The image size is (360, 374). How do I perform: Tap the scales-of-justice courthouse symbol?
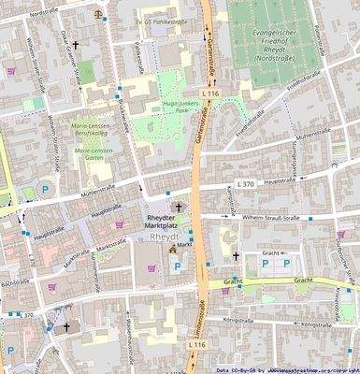[100, 15]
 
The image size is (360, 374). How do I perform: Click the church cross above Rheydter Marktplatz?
[179, 207]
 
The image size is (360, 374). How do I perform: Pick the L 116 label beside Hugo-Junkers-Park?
[209, 94]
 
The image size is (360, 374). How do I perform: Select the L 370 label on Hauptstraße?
[246, 184]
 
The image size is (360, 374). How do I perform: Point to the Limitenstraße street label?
[199, 327]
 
